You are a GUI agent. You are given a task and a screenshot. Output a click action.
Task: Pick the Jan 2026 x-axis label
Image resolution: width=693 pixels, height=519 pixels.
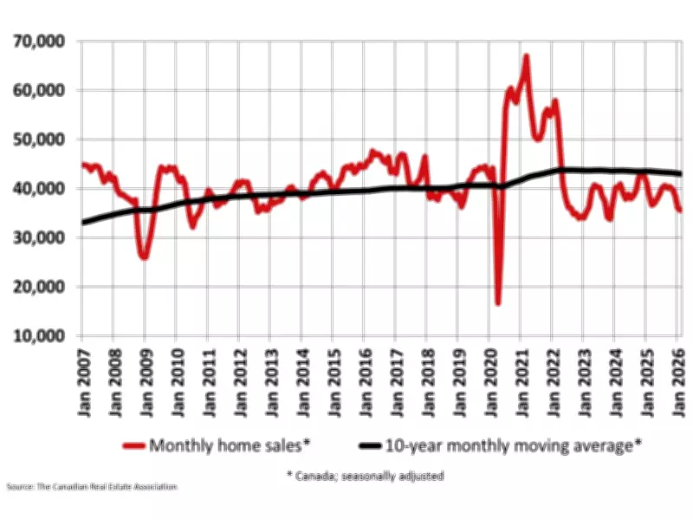pos(678,382)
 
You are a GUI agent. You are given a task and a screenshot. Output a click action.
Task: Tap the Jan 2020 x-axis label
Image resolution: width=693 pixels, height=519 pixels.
pos(490,382)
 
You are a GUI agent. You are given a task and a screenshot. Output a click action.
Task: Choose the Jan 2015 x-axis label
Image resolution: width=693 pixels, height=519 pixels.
pos(334,382)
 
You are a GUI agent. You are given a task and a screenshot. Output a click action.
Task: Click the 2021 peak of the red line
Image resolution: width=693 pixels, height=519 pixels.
pos(526,57)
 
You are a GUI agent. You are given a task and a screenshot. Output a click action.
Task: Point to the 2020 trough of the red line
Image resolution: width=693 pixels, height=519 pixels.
pos(498,303)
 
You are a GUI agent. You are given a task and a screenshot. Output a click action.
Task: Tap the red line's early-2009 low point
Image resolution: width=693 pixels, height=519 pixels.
pos(144,257)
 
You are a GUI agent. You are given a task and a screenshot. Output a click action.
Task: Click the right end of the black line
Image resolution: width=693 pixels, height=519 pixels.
pos(680,174)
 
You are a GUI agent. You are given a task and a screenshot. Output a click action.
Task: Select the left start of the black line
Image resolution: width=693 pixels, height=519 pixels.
pos(84,223)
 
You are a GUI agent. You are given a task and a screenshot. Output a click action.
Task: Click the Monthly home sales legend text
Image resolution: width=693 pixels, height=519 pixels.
pos(228,445)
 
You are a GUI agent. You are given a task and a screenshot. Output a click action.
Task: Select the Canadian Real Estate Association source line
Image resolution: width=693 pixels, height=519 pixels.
pos(91,488)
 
